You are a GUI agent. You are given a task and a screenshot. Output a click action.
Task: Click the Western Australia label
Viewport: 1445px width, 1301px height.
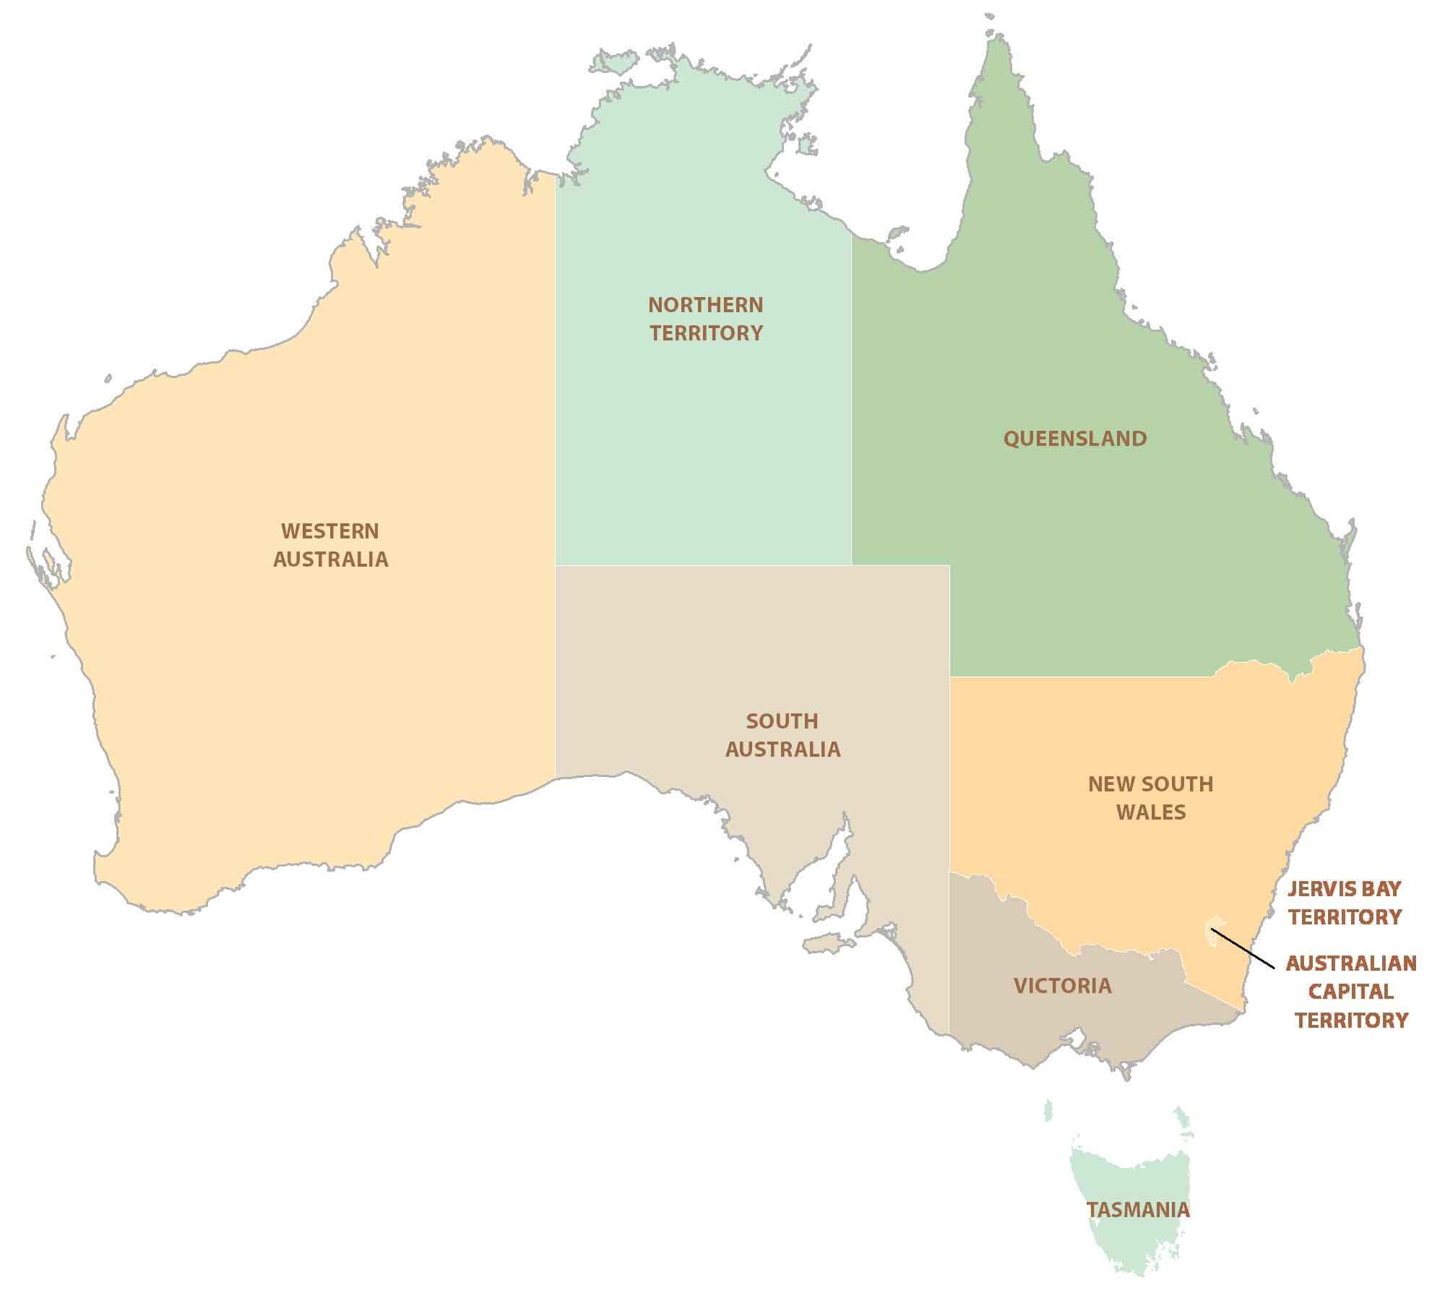(x=330, y=545)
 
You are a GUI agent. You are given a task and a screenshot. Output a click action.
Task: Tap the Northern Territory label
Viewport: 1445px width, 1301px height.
(x=705, y=319)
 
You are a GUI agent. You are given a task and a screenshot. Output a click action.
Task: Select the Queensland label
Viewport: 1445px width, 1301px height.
(x=1075, y=439)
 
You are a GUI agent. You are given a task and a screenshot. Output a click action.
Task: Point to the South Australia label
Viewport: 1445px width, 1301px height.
(x=782, y=735)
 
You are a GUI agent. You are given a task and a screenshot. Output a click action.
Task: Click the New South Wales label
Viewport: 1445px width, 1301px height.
(x=1150, y=798)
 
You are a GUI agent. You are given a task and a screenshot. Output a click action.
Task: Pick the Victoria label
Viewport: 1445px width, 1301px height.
(x=1062, y=986)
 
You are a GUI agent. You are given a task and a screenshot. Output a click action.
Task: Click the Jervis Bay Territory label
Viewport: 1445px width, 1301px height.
(x=1345, y=903)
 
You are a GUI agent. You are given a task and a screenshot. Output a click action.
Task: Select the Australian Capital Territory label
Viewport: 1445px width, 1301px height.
(x=1350, y=992)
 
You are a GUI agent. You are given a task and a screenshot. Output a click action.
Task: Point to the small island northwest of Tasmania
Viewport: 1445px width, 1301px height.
(x=1048, y=1111)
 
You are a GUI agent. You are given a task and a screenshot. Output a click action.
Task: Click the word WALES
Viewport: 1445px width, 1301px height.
(x=1151, y=812)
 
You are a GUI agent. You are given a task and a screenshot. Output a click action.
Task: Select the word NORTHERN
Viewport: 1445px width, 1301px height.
(x=705, y=305)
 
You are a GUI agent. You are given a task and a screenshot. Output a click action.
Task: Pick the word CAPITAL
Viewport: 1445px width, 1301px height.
(x=1350, y=992)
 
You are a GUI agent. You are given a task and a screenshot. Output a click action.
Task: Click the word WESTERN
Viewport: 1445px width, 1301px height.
(x=330, y=531)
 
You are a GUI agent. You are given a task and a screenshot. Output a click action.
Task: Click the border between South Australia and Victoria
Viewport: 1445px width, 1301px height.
(x=949, y=954)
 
